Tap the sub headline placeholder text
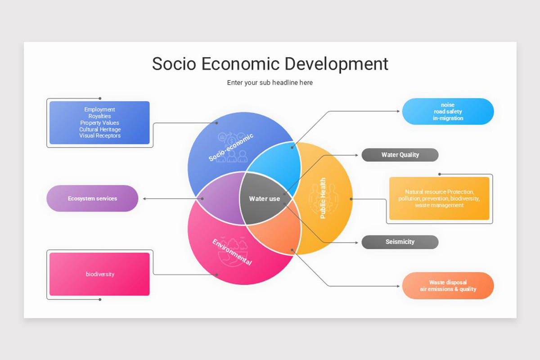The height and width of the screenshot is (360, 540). [x=270, y=82]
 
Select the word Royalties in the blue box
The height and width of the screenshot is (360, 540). [x=99, y=116]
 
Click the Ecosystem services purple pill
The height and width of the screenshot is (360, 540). [x=92, y=198]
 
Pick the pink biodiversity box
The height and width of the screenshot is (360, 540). [x=99, y=274]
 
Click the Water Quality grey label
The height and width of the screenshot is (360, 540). [x=400, y=155]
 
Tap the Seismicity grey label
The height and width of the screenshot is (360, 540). [x=400, y=242]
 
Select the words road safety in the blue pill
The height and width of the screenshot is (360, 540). [x=448, y=112]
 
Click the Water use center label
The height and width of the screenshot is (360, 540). [x=265, y=198]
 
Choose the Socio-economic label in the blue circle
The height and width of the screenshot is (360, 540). [x=231, y=147]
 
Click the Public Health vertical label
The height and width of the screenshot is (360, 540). [x=323, y=198]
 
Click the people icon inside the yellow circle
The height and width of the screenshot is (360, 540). [x=321, y=198]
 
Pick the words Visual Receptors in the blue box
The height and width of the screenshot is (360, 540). [x=99, y=135]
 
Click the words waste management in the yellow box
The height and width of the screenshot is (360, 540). [x=439, y=205]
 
